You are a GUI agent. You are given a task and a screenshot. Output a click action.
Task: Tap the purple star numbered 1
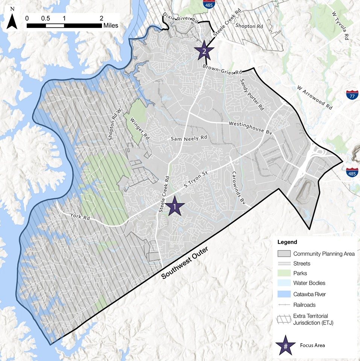(175, 206)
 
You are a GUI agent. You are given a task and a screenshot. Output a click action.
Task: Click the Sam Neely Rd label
(189, 139)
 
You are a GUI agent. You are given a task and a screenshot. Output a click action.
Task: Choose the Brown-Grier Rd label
(222, 70)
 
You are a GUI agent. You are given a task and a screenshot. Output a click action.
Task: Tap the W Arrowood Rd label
(315, 97)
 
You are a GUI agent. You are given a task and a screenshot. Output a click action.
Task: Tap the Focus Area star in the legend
(286, 345)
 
